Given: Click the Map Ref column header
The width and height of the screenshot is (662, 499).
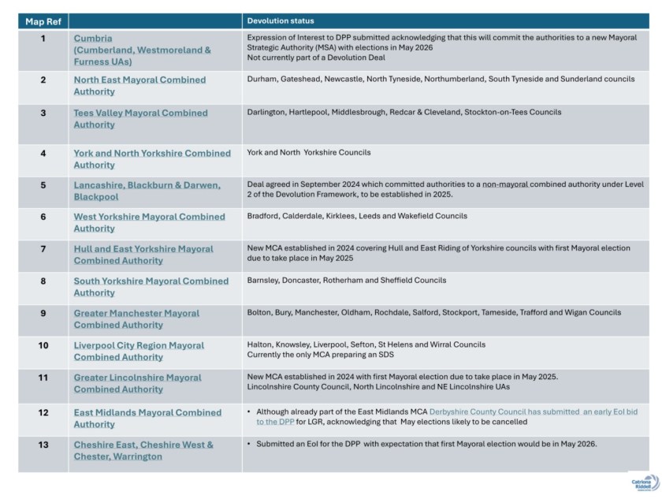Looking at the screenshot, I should pyautogui.click(x=43, y=21).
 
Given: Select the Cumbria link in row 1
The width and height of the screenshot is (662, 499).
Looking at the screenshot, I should pyautogui.click(x=93, y=38).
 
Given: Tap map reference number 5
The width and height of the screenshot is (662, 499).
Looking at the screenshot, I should pyautogui.click(x=43, y=184).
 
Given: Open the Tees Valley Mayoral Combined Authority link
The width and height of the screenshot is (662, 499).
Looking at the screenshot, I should pyautogui.click(x=140, y=118).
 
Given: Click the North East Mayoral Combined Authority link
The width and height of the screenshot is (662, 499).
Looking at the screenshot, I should pyautogui.click(x=139, y=85).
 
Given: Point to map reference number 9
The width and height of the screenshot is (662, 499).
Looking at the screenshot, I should pyautogui.click(x=43, y=313).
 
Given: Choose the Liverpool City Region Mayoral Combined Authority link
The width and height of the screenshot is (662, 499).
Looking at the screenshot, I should pyautogui.click(x=139, y=351).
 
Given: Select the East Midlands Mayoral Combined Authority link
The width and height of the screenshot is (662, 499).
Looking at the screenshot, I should pyautogui.click(x=147, y=418).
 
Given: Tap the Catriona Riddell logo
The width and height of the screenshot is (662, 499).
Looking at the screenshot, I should pyautogui.click(x=644, y=482).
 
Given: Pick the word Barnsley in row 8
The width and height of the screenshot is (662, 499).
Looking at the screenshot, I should pyautogui.click(x=264, y=281).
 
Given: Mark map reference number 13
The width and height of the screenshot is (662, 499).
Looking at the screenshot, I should pyautogui.click(x=43, y=444).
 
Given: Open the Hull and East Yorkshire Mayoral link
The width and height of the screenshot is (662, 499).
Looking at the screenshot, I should pyautogui.click(x=143, y=255).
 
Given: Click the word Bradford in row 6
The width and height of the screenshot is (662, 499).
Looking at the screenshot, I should pyautogui.click(x=266, y=216).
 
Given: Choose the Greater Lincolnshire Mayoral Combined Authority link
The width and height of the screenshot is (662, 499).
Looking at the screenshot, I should pyautogui.click(x=137, y=383).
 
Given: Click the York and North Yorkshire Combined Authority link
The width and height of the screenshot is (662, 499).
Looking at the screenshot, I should pyautogui.click(x=152, y=158).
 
